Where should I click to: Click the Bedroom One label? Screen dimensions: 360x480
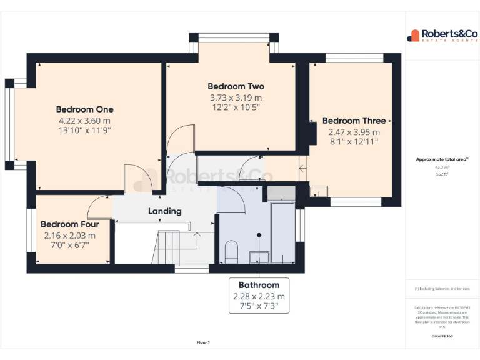point(84,109)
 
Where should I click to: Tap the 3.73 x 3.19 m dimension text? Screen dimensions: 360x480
point(236,97)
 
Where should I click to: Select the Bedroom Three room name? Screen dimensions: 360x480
point(354,121)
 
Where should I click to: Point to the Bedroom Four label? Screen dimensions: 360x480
point(69,224)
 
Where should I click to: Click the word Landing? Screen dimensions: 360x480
point(164,211)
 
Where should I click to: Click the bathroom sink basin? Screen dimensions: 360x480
point(258,256)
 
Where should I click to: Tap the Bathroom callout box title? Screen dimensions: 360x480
point(259,285)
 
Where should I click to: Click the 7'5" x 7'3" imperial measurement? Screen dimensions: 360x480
point(259,306)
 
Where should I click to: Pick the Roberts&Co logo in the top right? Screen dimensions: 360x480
point(442,35)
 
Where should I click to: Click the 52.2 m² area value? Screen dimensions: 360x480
point(442,167)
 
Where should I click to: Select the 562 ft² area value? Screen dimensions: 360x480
point(442,174)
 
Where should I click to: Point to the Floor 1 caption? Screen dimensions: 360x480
point(203,342)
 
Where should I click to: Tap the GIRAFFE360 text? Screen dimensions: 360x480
point(442,336)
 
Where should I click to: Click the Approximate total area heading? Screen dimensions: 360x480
point(441,159)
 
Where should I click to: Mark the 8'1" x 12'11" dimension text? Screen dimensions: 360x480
point(354,142)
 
